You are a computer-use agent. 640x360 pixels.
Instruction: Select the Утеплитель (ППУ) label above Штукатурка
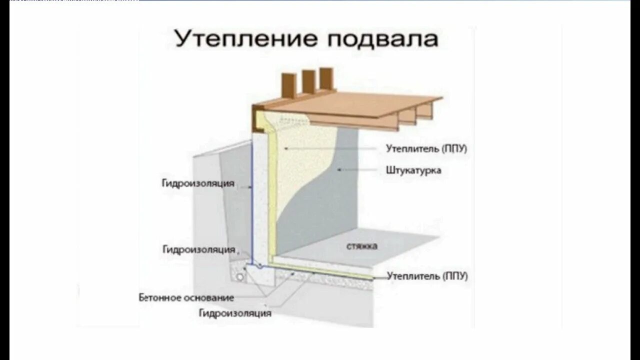[426, 148]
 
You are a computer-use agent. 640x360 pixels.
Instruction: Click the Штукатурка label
[413, 170]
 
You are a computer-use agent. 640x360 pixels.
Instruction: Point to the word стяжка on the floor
[361, 246]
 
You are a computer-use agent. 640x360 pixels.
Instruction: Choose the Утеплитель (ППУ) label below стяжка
[427, 276]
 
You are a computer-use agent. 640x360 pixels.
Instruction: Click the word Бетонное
[160, 298]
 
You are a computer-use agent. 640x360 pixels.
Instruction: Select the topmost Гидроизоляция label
[198, 183]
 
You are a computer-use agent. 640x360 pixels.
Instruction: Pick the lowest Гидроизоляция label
[235, 313]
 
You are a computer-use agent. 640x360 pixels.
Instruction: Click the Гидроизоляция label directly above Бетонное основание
[198, 249]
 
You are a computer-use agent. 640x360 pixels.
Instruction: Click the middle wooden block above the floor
[308, 82]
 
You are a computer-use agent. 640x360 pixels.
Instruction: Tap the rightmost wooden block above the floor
[326, 80]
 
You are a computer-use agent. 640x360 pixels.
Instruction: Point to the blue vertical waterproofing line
[251, 200]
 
